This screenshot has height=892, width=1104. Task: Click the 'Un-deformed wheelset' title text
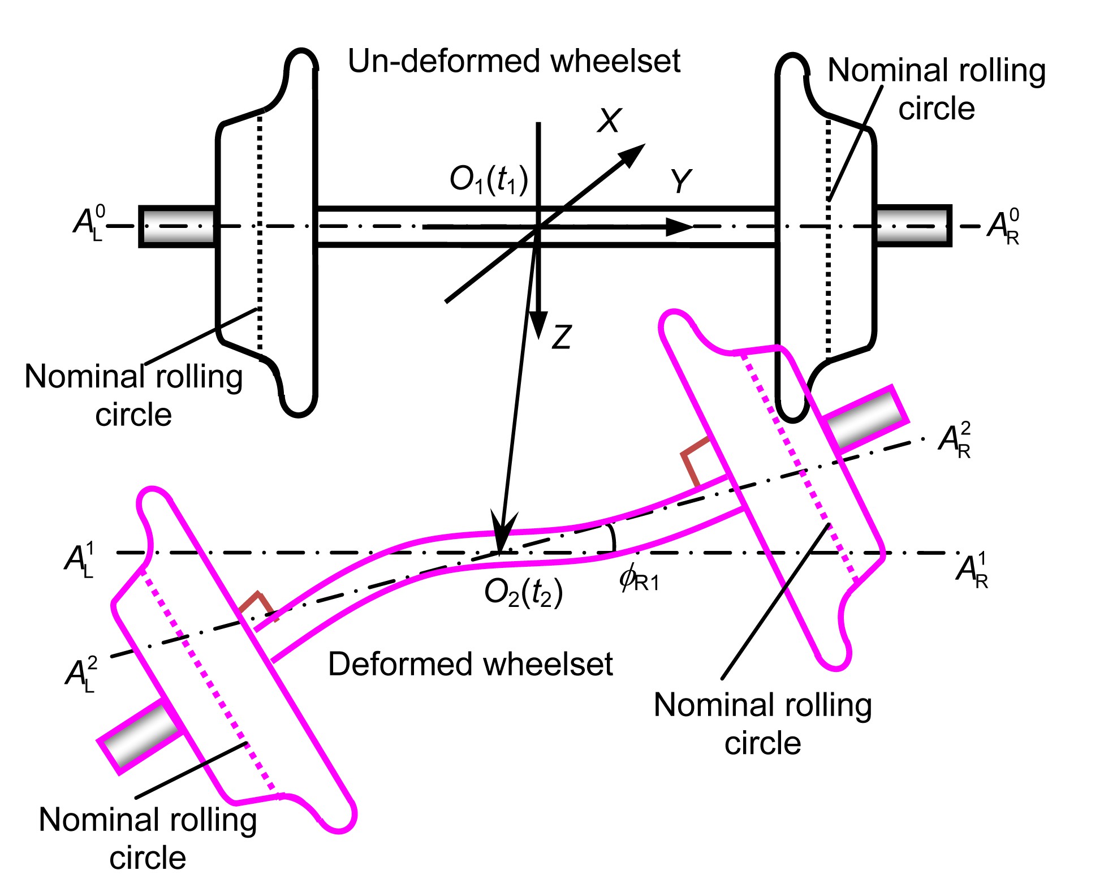pyautogui.click(x=514, y=61)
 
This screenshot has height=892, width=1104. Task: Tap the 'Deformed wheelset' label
pyautogui.click(x=470, y=664)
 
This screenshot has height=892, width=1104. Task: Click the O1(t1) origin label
pyautogui.click(x=489, y=180)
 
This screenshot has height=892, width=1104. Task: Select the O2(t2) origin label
pyautogui.click(x=523, y=593)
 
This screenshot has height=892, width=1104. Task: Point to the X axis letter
pyautogui.click(x=609, y=120)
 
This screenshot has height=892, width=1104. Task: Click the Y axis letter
pyautogui.click(x=681, y=182)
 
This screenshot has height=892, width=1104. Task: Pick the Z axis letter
pyautogui.click(x=562, y=337)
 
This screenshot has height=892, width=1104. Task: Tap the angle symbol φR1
pyautogui.click(x=639, y=579)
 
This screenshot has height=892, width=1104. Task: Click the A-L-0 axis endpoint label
pyautogui.click(x=89, y=224)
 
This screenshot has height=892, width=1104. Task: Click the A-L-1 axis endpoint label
pyautogui.click(x=80, y=560)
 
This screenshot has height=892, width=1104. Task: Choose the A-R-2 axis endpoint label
pyautogui.click(x=955, y=439)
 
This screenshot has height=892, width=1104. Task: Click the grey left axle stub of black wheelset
pyautogui.click(x=178, y=226)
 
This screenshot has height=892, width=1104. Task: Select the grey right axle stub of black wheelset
pyautogui.click(x=913, y=226)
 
